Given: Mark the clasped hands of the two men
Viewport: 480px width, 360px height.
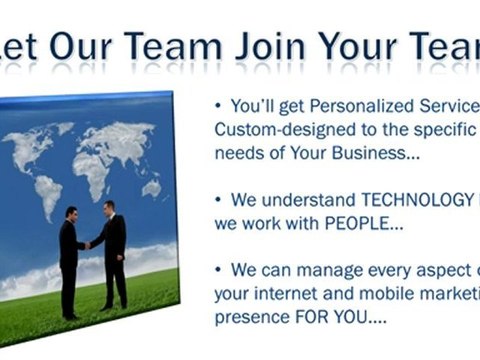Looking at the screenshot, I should (89, 243).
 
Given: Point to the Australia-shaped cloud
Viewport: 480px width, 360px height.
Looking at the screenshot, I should (151, 188).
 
